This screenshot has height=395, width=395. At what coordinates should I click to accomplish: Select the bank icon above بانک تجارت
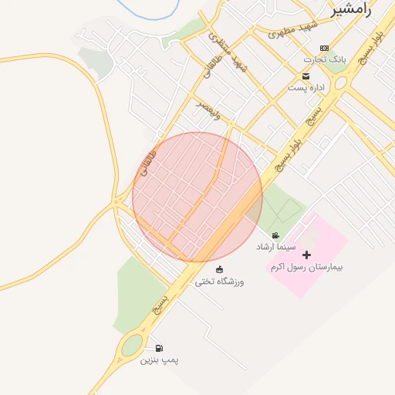pyautogui.click(x=324, y=48)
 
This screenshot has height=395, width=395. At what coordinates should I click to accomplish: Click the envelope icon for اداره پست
pyautogui.click(x=306, y=76)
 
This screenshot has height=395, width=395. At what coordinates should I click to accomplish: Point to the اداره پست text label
pyautogui.click(x=306, y=88)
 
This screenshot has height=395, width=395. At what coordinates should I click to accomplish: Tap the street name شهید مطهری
pyautogui.click(x=294, y=30)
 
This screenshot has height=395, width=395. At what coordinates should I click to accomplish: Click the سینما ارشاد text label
pyautogui.click(x=275, y=247)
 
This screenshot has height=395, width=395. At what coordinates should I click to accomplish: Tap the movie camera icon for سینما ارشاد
pyautogui.click(x=275, y=235)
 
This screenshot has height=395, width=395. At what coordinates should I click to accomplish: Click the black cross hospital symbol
pyautogui.click(x=307, y=255)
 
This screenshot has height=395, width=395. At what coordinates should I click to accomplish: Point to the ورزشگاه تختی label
pyautogui.click(x=219, y=281)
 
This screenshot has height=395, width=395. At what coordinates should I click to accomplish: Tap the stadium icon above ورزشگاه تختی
pyautogui.click(x=220, y=269)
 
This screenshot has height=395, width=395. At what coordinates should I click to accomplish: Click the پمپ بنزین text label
pyautogui.click(x=159, y=360)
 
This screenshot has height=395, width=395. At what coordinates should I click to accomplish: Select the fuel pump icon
pyautogui.click(x=159, y=348)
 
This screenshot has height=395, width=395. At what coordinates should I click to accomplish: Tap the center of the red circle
pyautogui.click(x=197, y=197)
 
